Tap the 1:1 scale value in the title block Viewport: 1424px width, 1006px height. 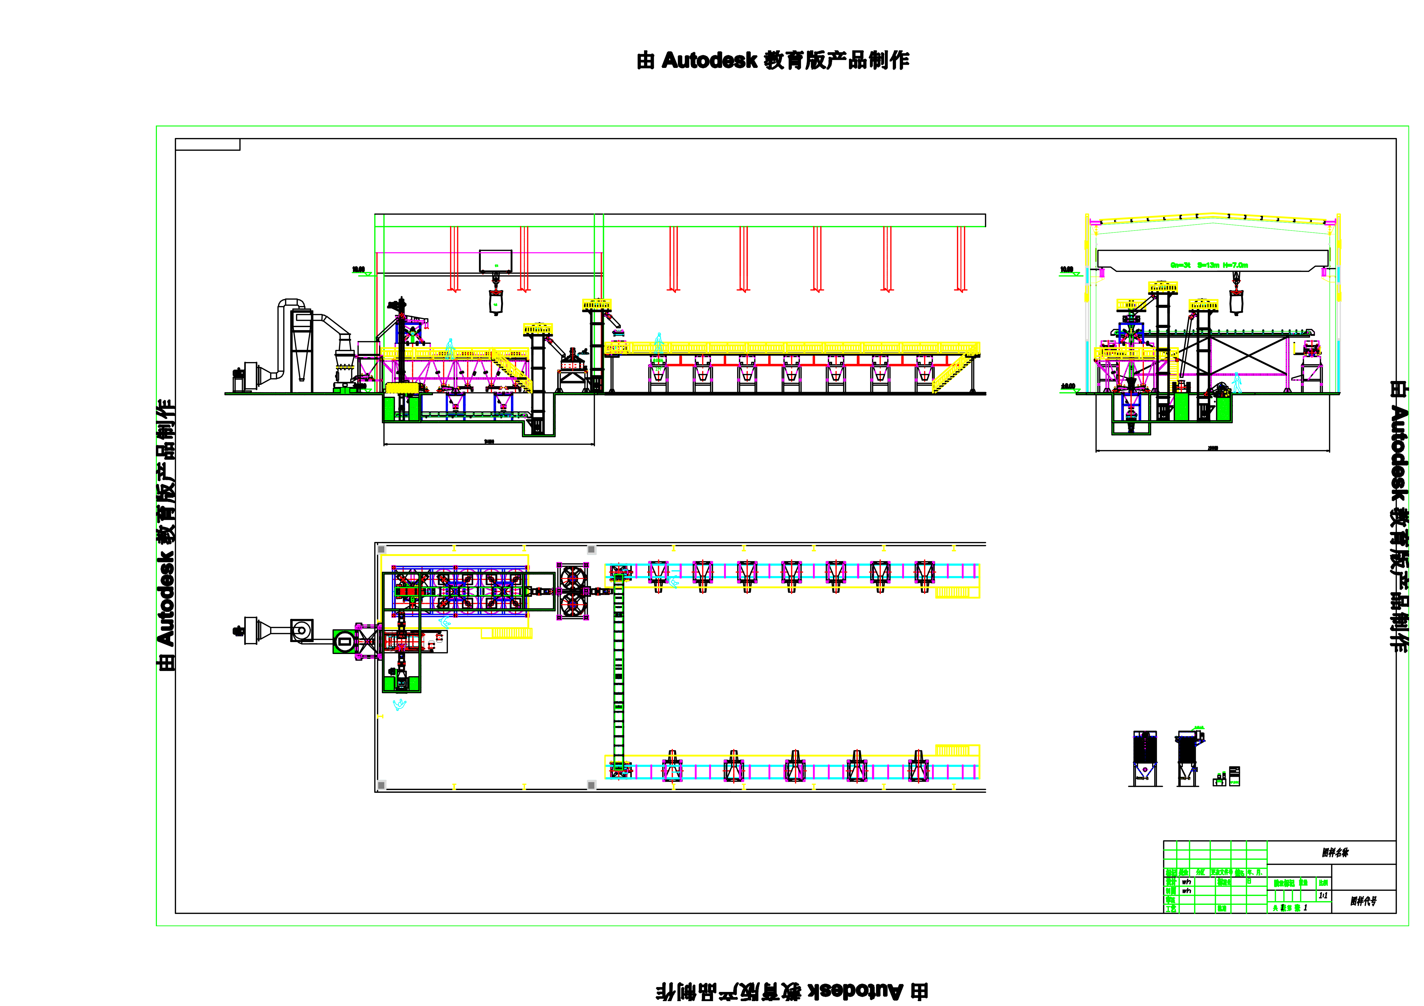pyautogui.click(x=1323, y=896)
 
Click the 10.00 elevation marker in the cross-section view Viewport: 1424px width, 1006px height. pyautogui.click(x=1067, y=270)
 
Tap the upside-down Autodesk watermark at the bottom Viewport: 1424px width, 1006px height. pyautogui.click(x=791, y=991)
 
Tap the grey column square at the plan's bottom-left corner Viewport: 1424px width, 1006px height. pyautogui.click(x=381, y=785)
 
